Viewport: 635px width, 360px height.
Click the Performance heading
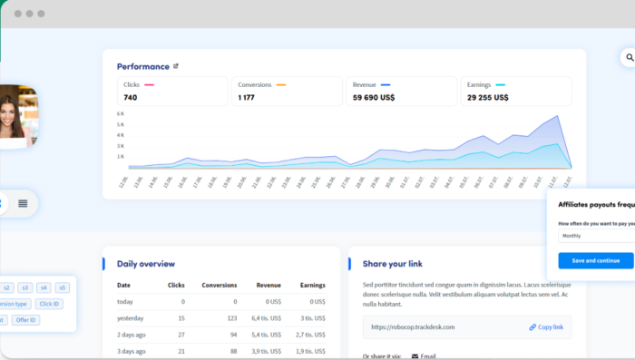point(142,66)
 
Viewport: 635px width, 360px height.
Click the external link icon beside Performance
point(176,66)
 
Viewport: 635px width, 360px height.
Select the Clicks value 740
point(131,97)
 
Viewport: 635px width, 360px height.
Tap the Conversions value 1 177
point(246,97)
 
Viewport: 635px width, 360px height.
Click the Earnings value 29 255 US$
point(488,97)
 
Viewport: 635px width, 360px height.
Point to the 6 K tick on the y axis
point(121,113)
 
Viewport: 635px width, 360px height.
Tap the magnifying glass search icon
point(628,58)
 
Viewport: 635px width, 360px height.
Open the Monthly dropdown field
point(595,236)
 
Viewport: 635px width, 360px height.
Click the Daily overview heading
point(146,264)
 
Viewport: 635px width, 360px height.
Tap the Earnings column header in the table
point(312,285)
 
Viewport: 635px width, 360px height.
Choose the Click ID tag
point(49,304)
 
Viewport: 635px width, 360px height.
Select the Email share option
point(428,356)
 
